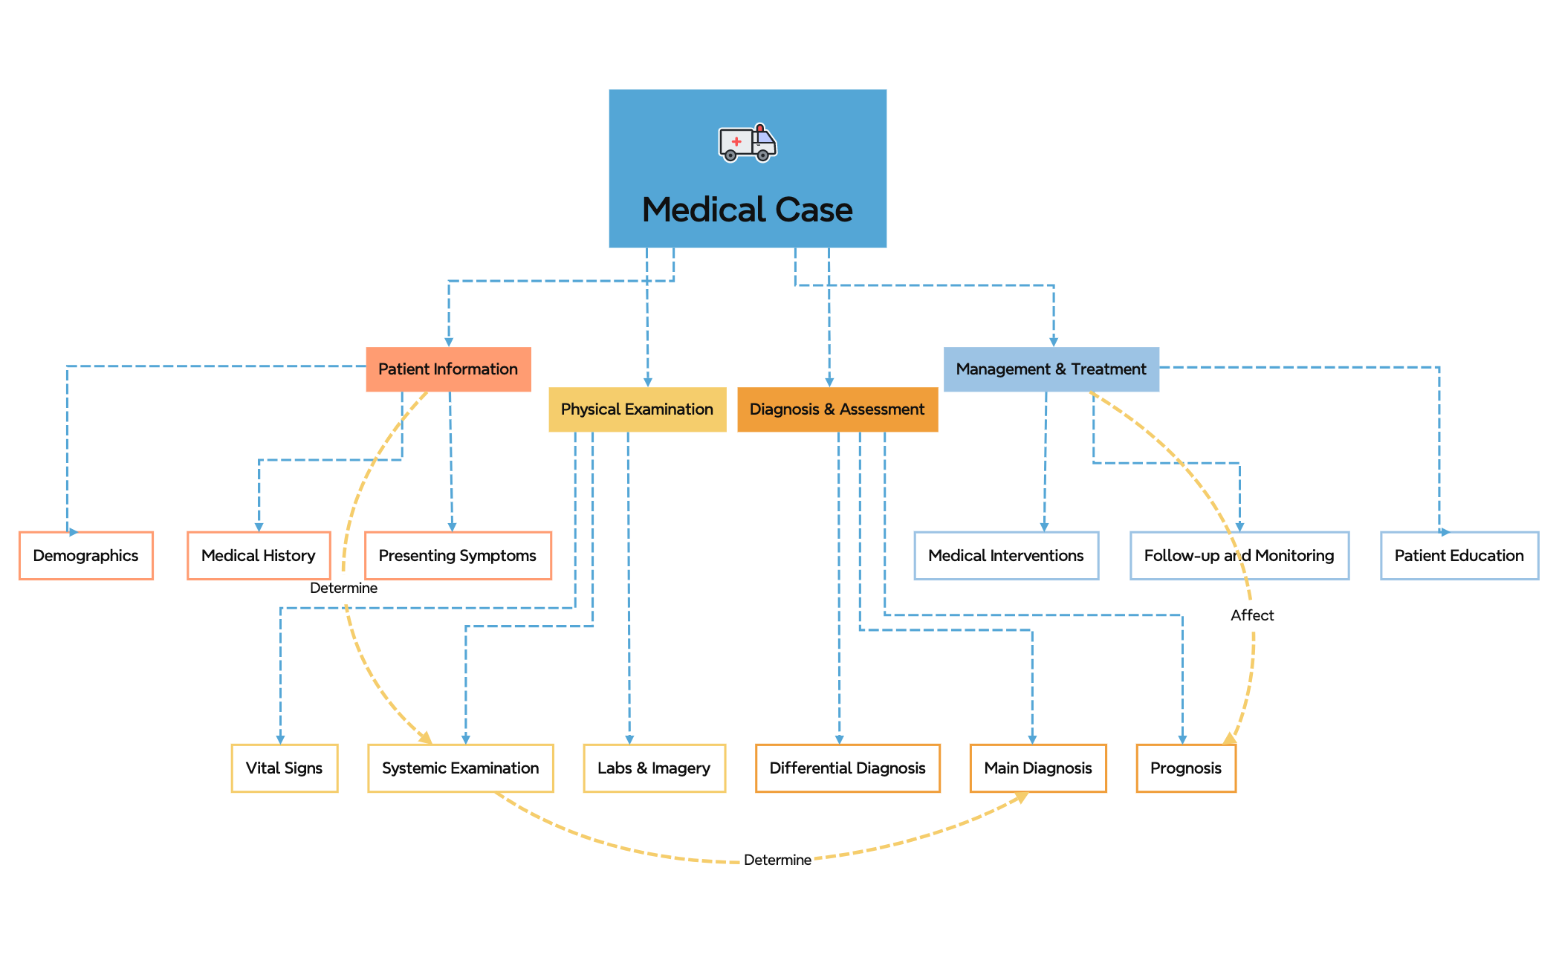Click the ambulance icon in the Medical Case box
click(x=747, y=143)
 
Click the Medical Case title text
click(x=747, y=210)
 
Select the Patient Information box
click(x=448, y=369)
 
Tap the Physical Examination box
click(x=637, y=409)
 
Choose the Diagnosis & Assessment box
click(x=837, y=409)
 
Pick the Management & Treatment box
click(x=1051, y=369)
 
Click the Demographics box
click(x=85, y=556)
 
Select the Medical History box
click(x=258, y=556)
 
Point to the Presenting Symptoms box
click(x=457, y=556)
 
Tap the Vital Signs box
click(x=284, y=768)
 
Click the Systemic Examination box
click(x=460, y=768)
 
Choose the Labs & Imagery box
click(x=653, y=768)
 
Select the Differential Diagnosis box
click(x=847, y=768)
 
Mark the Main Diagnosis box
click(x=1037, y=768)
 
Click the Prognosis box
click(x=1185, y=768)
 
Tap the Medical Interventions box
click(x=1005, y=556)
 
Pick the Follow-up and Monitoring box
click(x=1239, y=556)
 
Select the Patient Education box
click(x=1459, y=556)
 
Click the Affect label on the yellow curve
click(x=1251, y=615)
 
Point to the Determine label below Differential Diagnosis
click(x=777, y=860)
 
